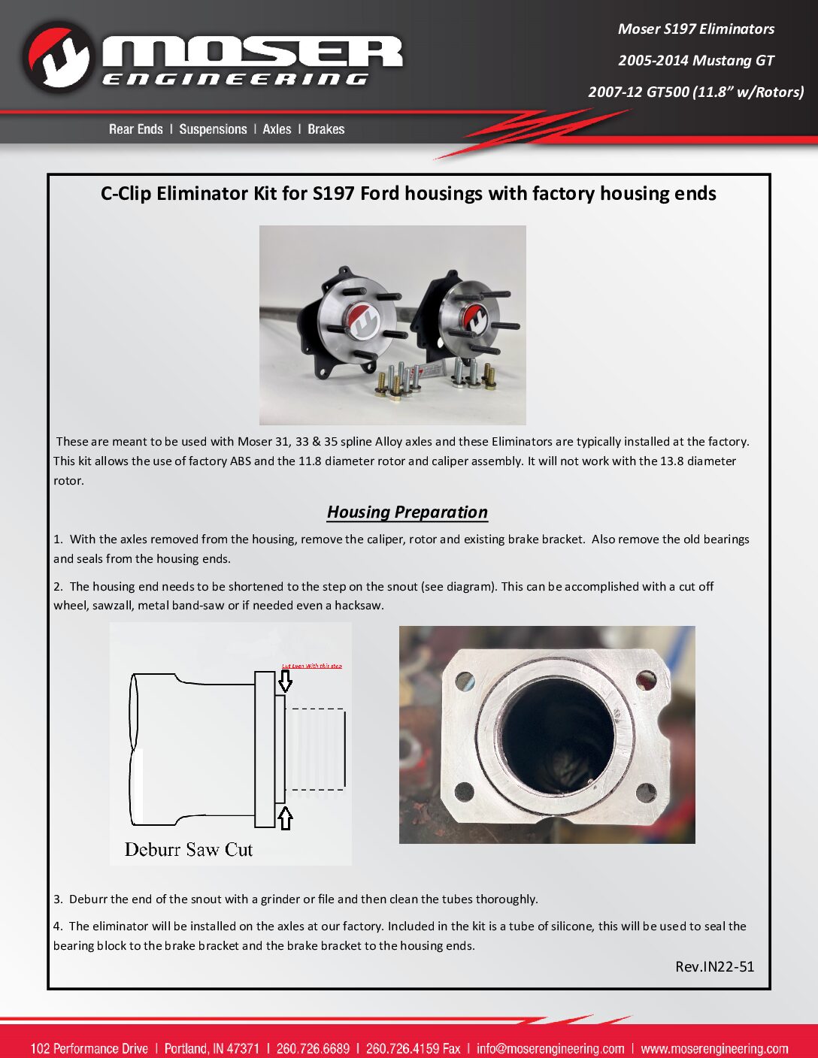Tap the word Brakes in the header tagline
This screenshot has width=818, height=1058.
click(326, 129)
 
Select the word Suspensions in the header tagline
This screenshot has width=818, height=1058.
click(213, 129)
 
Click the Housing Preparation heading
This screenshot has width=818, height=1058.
click(407, 512)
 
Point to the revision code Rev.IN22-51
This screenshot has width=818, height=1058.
click(714, 966)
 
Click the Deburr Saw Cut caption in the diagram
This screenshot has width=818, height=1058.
click(188, 850)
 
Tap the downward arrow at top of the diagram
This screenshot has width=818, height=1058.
click(285, 681)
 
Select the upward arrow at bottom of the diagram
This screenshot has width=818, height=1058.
click(285, 818)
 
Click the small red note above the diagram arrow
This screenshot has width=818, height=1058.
click(311, 666)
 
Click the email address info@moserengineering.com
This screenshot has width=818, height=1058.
click(550, 1048)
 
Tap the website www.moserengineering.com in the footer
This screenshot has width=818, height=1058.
click(714, 1048)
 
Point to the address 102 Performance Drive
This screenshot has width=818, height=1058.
click(89, 1048)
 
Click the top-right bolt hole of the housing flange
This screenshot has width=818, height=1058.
click(646, 680)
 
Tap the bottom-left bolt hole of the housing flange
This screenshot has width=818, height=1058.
click(464, 791)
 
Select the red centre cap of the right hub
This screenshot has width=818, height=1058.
click(474, 317)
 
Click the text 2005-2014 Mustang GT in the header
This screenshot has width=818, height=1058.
click(695, 60)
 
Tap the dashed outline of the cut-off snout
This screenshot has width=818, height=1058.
click(316, 748)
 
